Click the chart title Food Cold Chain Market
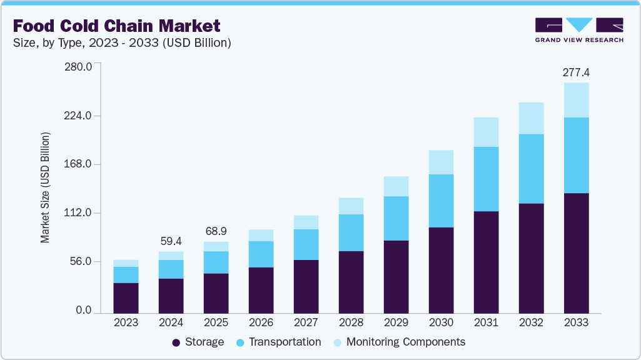(116, 26)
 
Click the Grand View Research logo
(579, 30)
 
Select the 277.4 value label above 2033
(576, 73)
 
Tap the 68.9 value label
(216, 231)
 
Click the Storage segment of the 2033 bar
(576, 252)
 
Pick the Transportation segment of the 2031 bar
(486, 179)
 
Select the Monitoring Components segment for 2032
(531, 118)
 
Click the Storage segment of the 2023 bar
(126, 297)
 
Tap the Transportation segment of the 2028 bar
(351, 232)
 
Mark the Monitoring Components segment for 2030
(441, 162)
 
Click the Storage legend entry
(198, 342)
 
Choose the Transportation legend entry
(278, 342)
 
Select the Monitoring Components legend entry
(399, 342)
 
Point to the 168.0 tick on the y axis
(79, 164)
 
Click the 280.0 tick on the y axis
(79, 67)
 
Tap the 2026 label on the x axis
(261, 322)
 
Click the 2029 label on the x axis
(396, 322)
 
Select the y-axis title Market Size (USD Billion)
(45, 187)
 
